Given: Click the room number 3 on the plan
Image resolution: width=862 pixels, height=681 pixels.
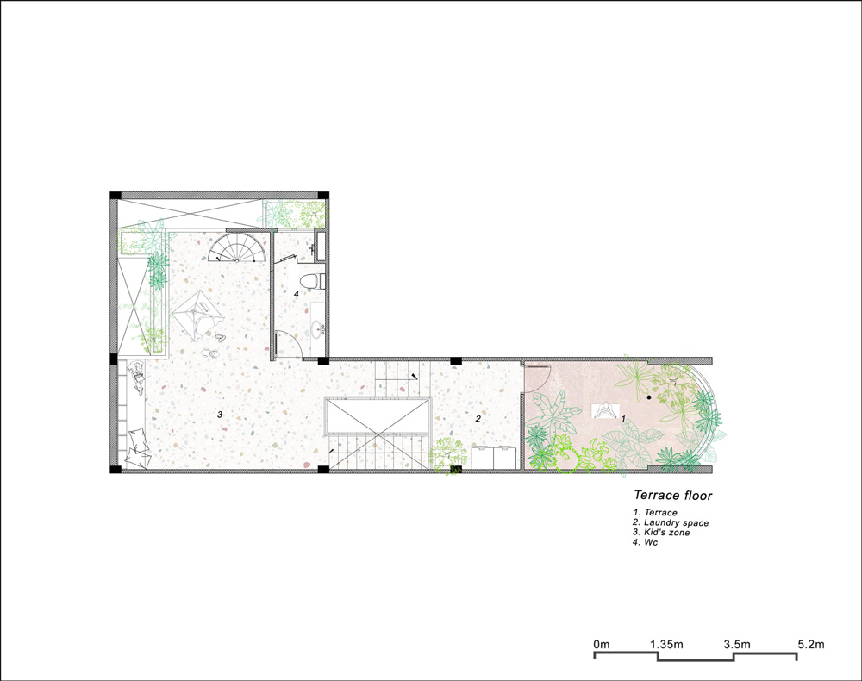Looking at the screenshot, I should point(220,415).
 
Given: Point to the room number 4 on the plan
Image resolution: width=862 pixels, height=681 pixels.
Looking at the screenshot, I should point(296,294).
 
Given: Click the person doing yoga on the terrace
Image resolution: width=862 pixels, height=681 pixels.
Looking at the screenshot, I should point(607,411).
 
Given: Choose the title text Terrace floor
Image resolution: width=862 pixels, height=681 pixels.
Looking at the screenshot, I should point(672,496).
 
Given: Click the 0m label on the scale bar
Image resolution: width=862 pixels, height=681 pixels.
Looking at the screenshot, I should point(602,644).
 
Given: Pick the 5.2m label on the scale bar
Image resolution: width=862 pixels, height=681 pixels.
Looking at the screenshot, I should point(810,644).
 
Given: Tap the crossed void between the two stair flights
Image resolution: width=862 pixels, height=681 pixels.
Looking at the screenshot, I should point(377,423).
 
